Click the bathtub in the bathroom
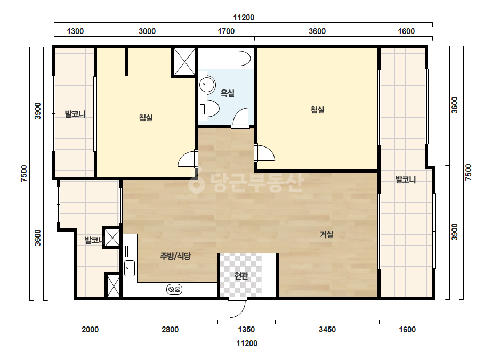[x=228, y=59]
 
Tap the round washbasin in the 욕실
[x=207, y=84]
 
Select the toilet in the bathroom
[x=208, y=109]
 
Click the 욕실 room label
[x=228, y=93]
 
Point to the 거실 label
[x=327, y=234]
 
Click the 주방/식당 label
[x=175, y=257]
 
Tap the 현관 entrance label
[x=241, y=276]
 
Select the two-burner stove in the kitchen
[x=174, y=289]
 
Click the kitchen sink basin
[x=130, y=268]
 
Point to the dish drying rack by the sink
[x=130, y=251]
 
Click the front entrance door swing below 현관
[x=237, y=308]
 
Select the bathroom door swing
[x=240, y=118]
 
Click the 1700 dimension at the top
[x=226, y=31]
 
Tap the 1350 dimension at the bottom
[x=246, y=330]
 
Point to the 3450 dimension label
[x=327, y=330]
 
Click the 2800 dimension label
[x=170, y=330]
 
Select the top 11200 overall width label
[x=244, y=18]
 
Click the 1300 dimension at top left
[x=75, y=31]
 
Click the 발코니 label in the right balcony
[x=406, y=179]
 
